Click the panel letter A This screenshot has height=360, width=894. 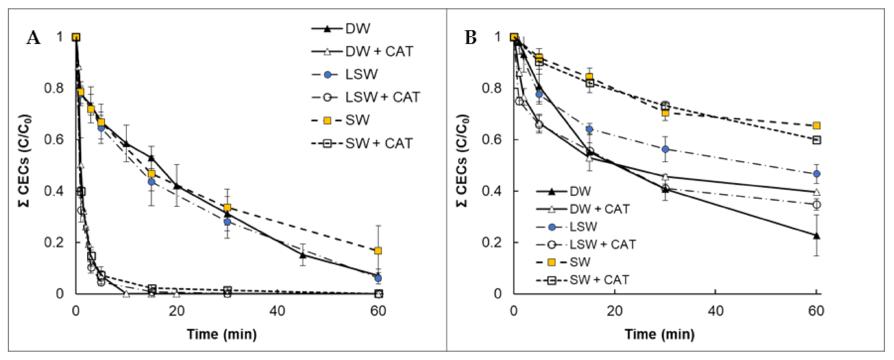pyautogui.click(x=34, y=38)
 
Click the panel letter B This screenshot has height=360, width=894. pyautogui.click(x=471, y=38)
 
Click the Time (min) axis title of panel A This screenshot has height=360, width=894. pyautogui.click(x=221, y=334)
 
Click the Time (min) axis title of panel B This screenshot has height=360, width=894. pyautogui.click(x=659, y=334)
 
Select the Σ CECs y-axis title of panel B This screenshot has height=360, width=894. pyautogui.click(x=462, y=161)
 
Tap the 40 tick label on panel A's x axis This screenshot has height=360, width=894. pyautogui.click(x=277, y=311)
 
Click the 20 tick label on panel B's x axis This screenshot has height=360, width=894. pyautogui.click(x=614, y=311)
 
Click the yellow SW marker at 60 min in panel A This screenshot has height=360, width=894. pyautogui.click(x=378, y=251)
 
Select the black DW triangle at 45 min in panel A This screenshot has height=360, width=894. pyautogui.click(x=303, y=255)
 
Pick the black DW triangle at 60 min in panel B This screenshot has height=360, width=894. pyautogui.click(x=816, y=236)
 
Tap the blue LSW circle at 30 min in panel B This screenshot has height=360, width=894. pyautogui.click(x=665, y=149)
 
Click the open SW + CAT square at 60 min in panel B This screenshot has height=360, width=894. pyautogui.click(x=816, y=140)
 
